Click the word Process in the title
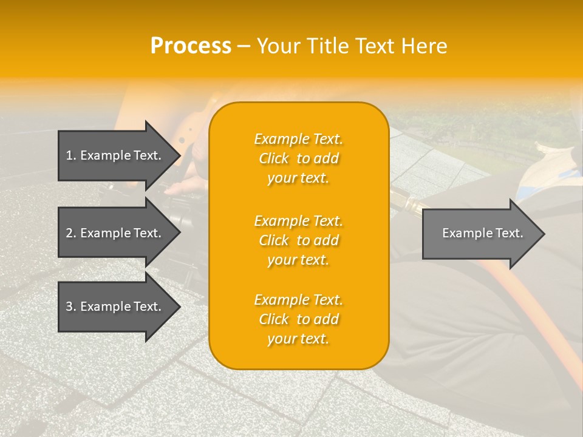pyautogui.click(x=191, y=46)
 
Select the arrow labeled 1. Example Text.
pyautogui.click(x=115, y=155)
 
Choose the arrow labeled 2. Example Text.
pyautogui.click(x=115, y=233)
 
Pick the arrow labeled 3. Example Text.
pyautogui.click(x=115, y=307)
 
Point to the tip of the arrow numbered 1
pyautogui.click(x=180, y=155)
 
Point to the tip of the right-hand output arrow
pyautogui.click(x=544, y=233)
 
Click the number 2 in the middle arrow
pyautogui.click(x=69, y=233)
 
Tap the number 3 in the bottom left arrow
pyautogui.click(x=69, y=307)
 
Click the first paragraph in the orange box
pyautogui.click(x=298, y=158)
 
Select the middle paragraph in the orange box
pyautogui.click(x=298, y=240)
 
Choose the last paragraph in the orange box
pyautogui.click(x=298, y=319)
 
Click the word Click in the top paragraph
pyautogui.click(x=274, y=158)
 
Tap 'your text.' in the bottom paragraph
pyautogui.click(x=298, y=339)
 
